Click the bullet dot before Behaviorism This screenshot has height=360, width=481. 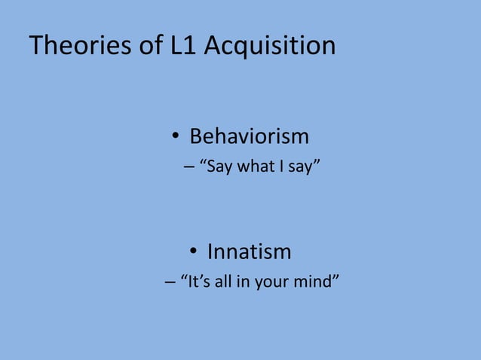click(173, 137)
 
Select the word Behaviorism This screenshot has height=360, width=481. click(249, 136)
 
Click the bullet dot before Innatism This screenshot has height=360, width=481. click(193, 252)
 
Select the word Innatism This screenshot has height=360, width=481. click(249, 251)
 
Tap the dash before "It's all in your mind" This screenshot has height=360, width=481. click(169, 282)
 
